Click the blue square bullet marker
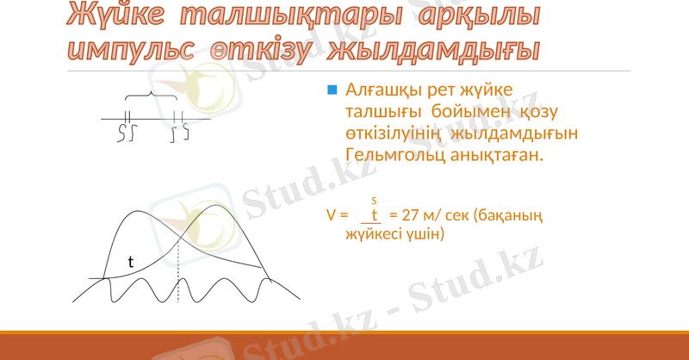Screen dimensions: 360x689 332,90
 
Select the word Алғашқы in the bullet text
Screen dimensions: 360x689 380,90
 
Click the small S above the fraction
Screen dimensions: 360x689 375,201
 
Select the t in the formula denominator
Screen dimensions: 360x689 375,214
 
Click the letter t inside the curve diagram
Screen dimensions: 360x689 131,260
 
